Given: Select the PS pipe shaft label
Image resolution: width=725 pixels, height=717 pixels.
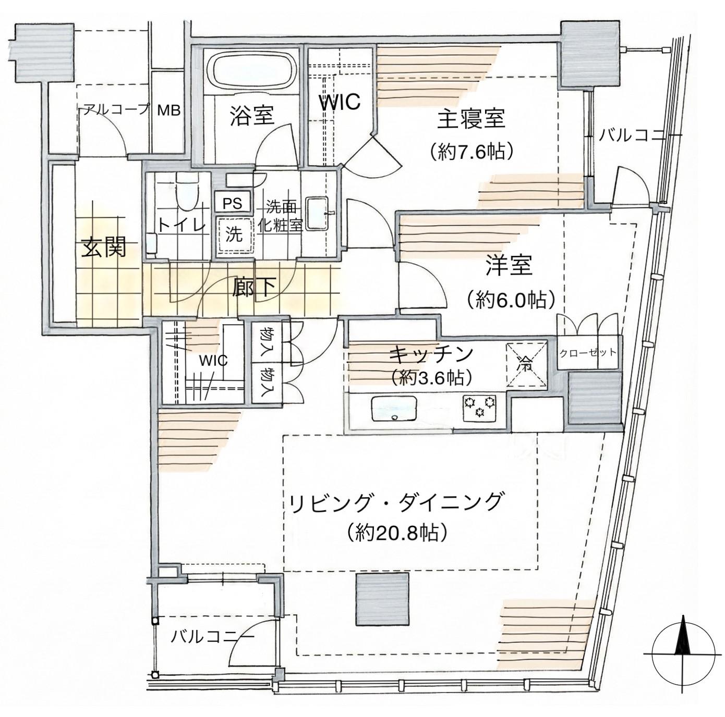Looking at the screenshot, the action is (232, 203).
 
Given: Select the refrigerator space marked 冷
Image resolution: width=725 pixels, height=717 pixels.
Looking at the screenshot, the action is (526, 363).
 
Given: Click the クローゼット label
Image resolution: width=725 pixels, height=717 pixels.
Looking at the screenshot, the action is (588, 352).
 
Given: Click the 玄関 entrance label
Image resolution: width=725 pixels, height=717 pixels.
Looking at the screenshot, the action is (103, 248).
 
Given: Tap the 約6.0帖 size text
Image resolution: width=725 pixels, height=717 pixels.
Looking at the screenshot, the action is (511, 300).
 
